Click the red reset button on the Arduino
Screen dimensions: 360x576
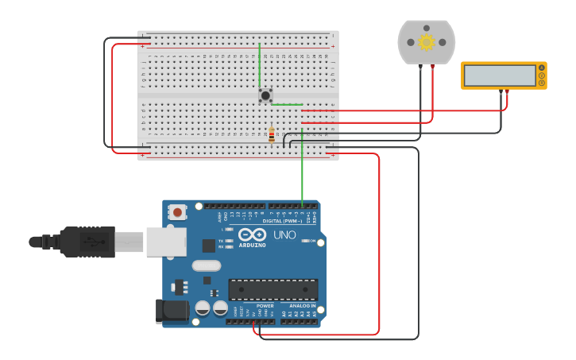(177, 211)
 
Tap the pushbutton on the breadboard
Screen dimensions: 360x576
(265, 95)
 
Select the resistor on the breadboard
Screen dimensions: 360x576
(272, 135)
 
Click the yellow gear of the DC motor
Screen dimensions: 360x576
(427, 42)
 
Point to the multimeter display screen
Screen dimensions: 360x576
(500, 75)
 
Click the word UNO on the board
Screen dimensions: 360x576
(285, 235)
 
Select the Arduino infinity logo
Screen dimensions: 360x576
(253, 234)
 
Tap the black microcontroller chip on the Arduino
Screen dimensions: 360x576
(273, 289)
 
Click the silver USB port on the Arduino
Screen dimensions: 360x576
(166, 242)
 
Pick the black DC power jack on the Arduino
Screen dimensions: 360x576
(171, 311)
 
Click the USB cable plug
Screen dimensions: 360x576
(87, 242)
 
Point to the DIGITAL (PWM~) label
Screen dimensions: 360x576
(282, 221)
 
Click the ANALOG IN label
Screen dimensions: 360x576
(302, 305)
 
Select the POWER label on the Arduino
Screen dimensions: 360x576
(265, 305)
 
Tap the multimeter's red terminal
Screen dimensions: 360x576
(507, 92)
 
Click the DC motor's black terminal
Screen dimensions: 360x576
(420, 68)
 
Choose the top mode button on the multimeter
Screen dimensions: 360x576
(542, 68)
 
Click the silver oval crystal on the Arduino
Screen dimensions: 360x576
(206, 265)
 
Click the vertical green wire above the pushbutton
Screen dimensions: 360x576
(259, 65)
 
